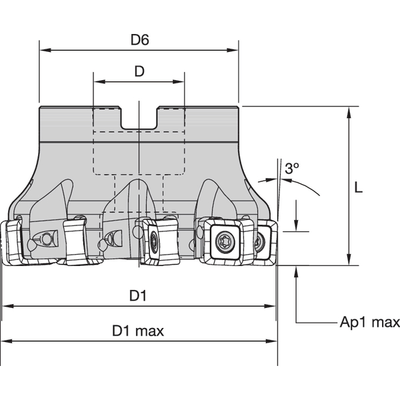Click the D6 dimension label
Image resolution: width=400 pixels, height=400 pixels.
[139, 39]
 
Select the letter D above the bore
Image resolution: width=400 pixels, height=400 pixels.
[139, 72]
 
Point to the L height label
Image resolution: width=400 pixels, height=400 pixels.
[358, 188]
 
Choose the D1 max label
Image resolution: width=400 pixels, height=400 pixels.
[137, 331]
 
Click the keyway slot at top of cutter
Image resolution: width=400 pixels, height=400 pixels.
[139, 121]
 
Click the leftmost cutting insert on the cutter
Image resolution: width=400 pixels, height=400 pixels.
[12, 241]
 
